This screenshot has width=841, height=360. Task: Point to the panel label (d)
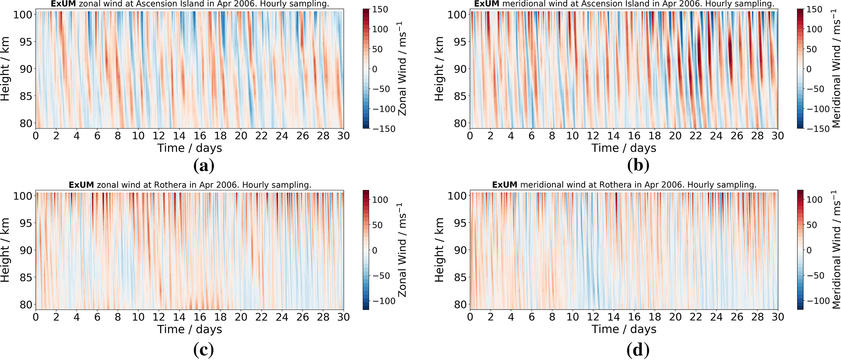[638, 350]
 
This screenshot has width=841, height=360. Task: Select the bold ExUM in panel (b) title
[487, 4]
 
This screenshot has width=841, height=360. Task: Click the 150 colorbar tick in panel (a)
[380, 9]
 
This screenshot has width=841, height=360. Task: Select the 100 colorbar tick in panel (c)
[380, 200]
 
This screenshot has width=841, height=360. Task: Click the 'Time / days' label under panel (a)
[190, 148]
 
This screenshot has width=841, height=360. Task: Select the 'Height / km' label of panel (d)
[439, 250]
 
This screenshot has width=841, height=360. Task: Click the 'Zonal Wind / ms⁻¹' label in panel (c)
[402, 250]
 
